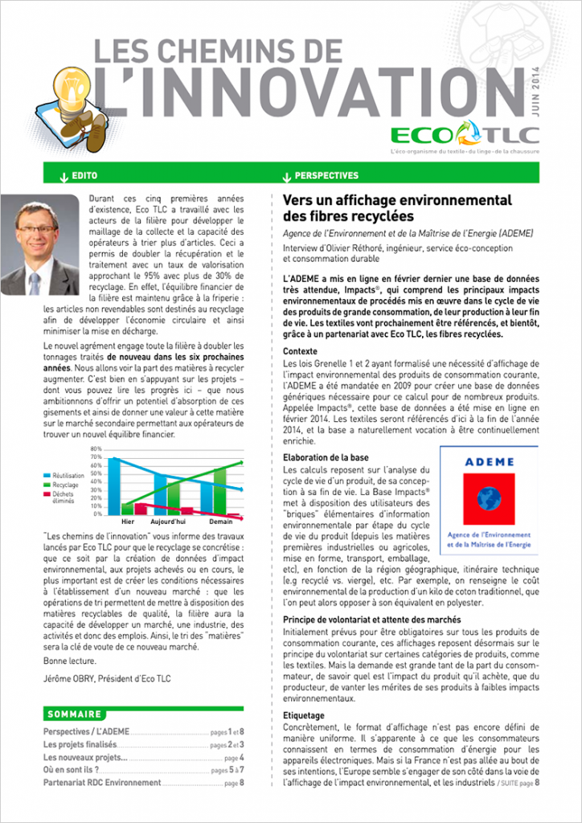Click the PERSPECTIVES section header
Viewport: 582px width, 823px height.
click(326, 175)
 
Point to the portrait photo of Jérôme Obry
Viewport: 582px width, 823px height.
click(40, 244)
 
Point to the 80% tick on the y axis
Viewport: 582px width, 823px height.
click(96, 448)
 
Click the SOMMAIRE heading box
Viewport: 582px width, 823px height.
click(75, 714)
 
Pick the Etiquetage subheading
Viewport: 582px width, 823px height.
click(304, 714)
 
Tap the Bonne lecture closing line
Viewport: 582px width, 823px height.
click(69, 661)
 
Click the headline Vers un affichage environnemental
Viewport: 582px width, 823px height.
click(398, 199)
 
